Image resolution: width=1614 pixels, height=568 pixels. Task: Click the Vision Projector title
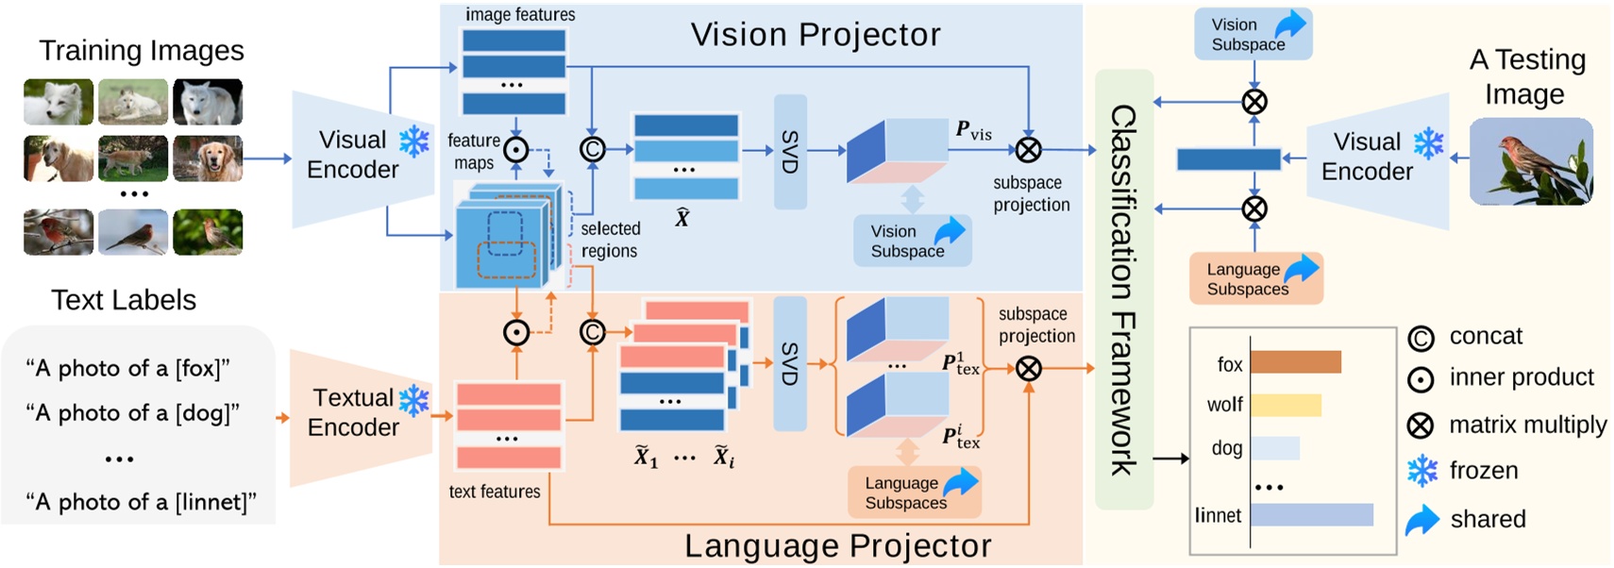point(815,35)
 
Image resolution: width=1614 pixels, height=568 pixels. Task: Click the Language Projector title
point(837,545)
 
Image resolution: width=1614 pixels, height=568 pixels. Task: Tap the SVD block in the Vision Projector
point(790,151)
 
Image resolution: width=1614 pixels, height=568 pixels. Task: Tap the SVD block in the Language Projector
point(790,363)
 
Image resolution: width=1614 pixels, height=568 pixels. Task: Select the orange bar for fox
point(1296,362)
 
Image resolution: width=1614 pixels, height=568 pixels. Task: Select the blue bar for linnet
point(1312,514)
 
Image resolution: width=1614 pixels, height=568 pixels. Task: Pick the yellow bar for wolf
point(1286,405)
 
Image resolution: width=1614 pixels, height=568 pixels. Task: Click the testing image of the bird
point(1531,160)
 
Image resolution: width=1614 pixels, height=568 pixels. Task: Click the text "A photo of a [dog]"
point(132,412)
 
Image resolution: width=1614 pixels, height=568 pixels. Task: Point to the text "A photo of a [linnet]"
point(141,502)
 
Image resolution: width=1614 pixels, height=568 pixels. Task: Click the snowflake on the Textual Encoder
point(413,400)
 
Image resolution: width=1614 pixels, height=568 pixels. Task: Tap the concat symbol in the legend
point(1421,338)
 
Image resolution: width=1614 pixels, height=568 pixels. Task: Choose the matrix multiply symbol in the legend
point(1421,426)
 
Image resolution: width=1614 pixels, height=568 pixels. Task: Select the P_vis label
point(973,130)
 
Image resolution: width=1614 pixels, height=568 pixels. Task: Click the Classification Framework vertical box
point(1123,288)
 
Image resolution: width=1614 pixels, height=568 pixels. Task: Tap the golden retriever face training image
point(208,158)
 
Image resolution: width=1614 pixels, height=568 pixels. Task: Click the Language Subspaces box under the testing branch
point(1255,278)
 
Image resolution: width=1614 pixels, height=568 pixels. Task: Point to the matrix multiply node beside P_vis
point(1028,149)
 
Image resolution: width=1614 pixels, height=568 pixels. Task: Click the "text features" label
point(495,492)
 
